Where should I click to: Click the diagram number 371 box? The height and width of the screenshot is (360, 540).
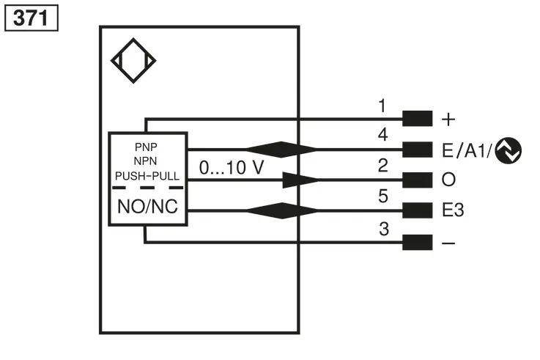(x=32, y=18)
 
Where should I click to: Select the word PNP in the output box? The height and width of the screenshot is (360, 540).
(x=146, y=147)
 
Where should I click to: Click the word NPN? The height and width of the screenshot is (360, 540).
(x=145, y=161)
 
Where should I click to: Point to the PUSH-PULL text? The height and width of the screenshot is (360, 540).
(x=147, y=176)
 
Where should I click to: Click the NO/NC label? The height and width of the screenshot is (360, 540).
(x=148, y=207)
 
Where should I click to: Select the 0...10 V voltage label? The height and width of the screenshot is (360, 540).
(x=232, y=168)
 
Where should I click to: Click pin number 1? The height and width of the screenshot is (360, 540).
(x=382, y=106)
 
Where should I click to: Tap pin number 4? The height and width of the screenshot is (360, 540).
(x=382, y=135)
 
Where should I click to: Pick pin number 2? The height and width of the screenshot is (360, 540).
(x=383, y=166)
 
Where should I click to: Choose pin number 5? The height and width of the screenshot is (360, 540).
(x=383, y=196)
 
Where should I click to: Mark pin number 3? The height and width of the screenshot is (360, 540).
(x=384, y=229)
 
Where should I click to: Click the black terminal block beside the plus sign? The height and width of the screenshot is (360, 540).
(x=418, y=119)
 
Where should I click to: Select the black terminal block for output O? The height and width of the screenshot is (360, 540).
(x=418, y=180)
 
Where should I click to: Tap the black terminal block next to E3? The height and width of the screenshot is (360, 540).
(x=418, y=210)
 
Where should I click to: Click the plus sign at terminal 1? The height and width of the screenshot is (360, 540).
(x=448, y=120)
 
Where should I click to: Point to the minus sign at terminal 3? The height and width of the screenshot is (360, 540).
(x=448, y=243)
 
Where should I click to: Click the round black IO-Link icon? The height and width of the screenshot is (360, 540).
(x=508, y=150)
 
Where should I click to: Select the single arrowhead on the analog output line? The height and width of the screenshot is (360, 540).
(x=300, y=180)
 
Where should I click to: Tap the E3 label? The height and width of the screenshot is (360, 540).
(x=453, y=210)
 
